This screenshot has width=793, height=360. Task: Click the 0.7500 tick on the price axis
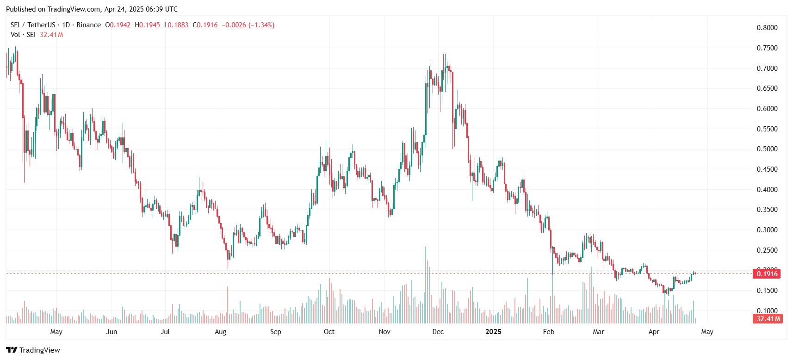(x=767, y=48)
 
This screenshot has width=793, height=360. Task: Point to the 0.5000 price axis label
(x=767, y=149)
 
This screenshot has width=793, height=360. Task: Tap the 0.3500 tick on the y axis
(x=767, y=210)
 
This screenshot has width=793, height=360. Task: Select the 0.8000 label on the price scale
(x=767, y=28)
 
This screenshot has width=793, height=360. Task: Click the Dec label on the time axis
(x=438, y=332)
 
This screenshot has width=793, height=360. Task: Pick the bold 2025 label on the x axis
(x=493, y=332)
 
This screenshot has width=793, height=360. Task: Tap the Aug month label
(x=220, y=332)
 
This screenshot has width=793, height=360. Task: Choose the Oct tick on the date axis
(x=329, y=332)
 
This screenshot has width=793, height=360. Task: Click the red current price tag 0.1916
(x=767, y=274)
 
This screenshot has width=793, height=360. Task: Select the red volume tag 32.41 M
(x=768, y=319)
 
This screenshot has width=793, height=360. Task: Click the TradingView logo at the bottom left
(x=33, y=350)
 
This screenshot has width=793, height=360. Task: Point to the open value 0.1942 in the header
(x=120, y=25)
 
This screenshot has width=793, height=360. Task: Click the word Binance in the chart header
(x=88, y=25)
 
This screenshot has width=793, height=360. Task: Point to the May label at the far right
(x=707, y=332)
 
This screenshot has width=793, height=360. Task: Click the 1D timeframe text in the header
(x=66, y=25)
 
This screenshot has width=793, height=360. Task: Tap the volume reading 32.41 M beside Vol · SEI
(x=51, y=35)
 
